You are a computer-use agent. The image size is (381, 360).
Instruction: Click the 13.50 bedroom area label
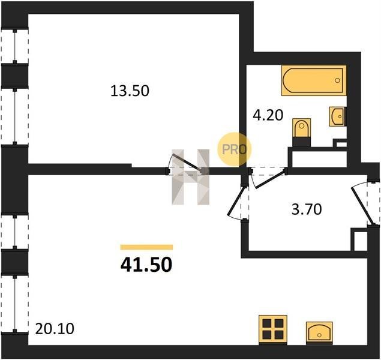[x=130, y=91]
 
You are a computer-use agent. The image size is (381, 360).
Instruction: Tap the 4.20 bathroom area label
[x=268, y=115]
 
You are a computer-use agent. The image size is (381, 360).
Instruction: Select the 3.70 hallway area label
[x=307, y=209]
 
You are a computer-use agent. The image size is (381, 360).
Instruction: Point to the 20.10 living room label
[x=55, y=329]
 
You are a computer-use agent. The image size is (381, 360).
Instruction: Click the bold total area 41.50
[x=146, y=265]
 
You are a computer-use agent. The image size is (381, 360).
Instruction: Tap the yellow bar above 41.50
[x=146, y=247]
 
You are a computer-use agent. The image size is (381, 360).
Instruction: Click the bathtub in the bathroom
[x=314, y=80]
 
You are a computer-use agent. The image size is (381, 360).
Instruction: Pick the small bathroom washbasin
[x=337, y=116]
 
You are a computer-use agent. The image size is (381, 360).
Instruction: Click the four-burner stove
[x=273, y=329]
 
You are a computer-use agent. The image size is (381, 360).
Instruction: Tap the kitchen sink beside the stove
[x=319, y=332]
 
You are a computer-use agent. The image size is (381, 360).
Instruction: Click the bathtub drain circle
[x=337, y=80]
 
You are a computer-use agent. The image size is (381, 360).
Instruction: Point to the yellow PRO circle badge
[x=234, y=149]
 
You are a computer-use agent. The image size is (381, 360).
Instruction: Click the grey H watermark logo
[x=191, y=177]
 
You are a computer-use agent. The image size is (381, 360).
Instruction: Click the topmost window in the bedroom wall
[x=15, y=46]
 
